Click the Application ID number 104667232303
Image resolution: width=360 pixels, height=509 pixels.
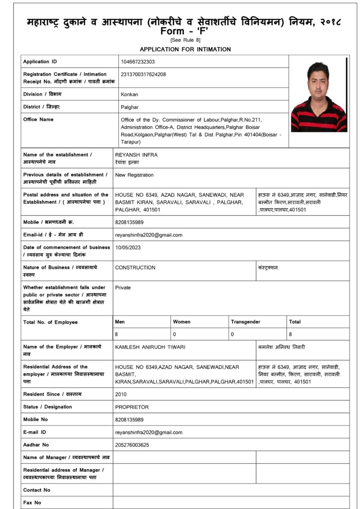tap(138, 62)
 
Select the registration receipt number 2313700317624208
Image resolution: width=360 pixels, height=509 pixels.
tap(143, 74)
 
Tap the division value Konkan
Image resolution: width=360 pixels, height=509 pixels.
tap(129, 94)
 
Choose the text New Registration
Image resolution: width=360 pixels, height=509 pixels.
tap(134, 175)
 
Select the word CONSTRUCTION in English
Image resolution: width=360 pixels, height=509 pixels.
tap(135, 267)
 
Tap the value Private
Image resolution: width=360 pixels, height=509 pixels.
tap(123, 287)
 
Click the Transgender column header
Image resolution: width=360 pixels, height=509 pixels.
tap(245, 322)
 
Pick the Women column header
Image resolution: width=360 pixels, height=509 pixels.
tap(181, 322)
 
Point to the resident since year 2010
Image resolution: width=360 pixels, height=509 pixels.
tap(121, 394)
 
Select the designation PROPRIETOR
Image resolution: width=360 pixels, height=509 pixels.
tap(132, 407)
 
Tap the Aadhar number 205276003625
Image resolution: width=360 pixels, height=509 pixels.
tap(132, 445)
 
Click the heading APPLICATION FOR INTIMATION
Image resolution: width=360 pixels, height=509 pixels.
tap(185, 49)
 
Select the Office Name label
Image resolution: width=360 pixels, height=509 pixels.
tap(38, 119)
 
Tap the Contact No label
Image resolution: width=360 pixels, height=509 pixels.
tap(37, 490)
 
